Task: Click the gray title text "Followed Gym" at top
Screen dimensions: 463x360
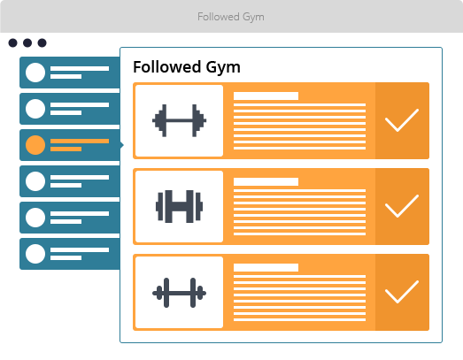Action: point(231,17)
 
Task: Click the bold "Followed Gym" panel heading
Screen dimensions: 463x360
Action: point(187,67)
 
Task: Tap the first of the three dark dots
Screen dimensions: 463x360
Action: point(12,42)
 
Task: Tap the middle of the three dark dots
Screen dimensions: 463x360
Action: point(27,42)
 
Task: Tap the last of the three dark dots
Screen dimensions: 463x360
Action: point(42,42)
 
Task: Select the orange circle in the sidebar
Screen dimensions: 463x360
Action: point(35,145)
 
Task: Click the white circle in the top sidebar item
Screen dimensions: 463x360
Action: point(35,73)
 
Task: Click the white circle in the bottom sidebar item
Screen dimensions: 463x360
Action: point(35,254)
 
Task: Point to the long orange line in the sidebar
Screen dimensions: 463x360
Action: point(80,141)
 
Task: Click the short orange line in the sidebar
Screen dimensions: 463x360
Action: point(66,149)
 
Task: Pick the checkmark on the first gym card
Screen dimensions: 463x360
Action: point(402,120)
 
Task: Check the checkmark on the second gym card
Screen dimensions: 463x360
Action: point(402,206)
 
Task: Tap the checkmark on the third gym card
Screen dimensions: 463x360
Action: point(402,292)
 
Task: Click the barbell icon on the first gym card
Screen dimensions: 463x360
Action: point(179,120)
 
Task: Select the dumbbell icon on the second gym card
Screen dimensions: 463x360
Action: point(179,206)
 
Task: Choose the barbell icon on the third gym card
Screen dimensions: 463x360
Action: point(179,293)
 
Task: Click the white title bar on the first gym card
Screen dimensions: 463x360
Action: point(266,96)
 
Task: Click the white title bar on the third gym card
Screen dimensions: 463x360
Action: point(266,267)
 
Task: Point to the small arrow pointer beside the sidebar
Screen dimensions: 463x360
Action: point(121,145)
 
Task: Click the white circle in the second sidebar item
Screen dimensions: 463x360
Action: point(35,109)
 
